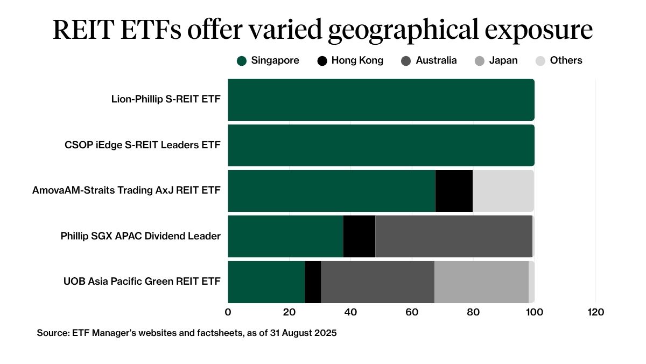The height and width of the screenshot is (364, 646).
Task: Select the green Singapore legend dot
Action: click(x=242, y=61)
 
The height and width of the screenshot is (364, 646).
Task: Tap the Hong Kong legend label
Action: click(x=357, y=60)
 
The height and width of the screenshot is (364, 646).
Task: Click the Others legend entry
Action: click(x=566, y=60)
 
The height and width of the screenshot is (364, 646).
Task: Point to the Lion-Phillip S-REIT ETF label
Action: click(x=166, y=99)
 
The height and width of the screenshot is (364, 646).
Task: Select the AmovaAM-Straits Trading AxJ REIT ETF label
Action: click(x=127, y=190)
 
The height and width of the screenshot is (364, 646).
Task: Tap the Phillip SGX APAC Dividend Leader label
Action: click(x=141, y=236)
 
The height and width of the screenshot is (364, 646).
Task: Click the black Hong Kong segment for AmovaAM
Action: click(x=454, y=191)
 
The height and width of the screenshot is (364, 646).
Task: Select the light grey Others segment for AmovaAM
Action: click(x=503, y=191)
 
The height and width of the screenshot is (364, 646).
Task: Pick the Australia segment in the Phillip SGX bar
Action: click(x=453, y=236)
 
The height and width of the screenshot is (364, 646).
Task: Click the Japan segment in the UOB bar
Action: click(x=481, y=281)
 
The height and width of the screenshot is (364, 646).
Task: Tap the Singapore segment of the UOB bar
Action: click(x=266, y=281)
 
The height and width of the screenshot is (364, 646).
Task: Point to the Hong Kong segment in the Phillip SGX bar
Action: click(x=359, y=236)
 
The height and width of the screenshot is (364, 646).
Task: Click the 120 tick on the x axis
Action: click(x=595, y=312)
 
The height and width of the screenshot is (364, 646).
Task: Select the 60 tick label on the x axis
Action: click(x=412, y=312)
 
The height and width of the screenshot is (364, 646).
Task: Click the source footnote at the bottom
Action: click(x=186, y=333)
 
